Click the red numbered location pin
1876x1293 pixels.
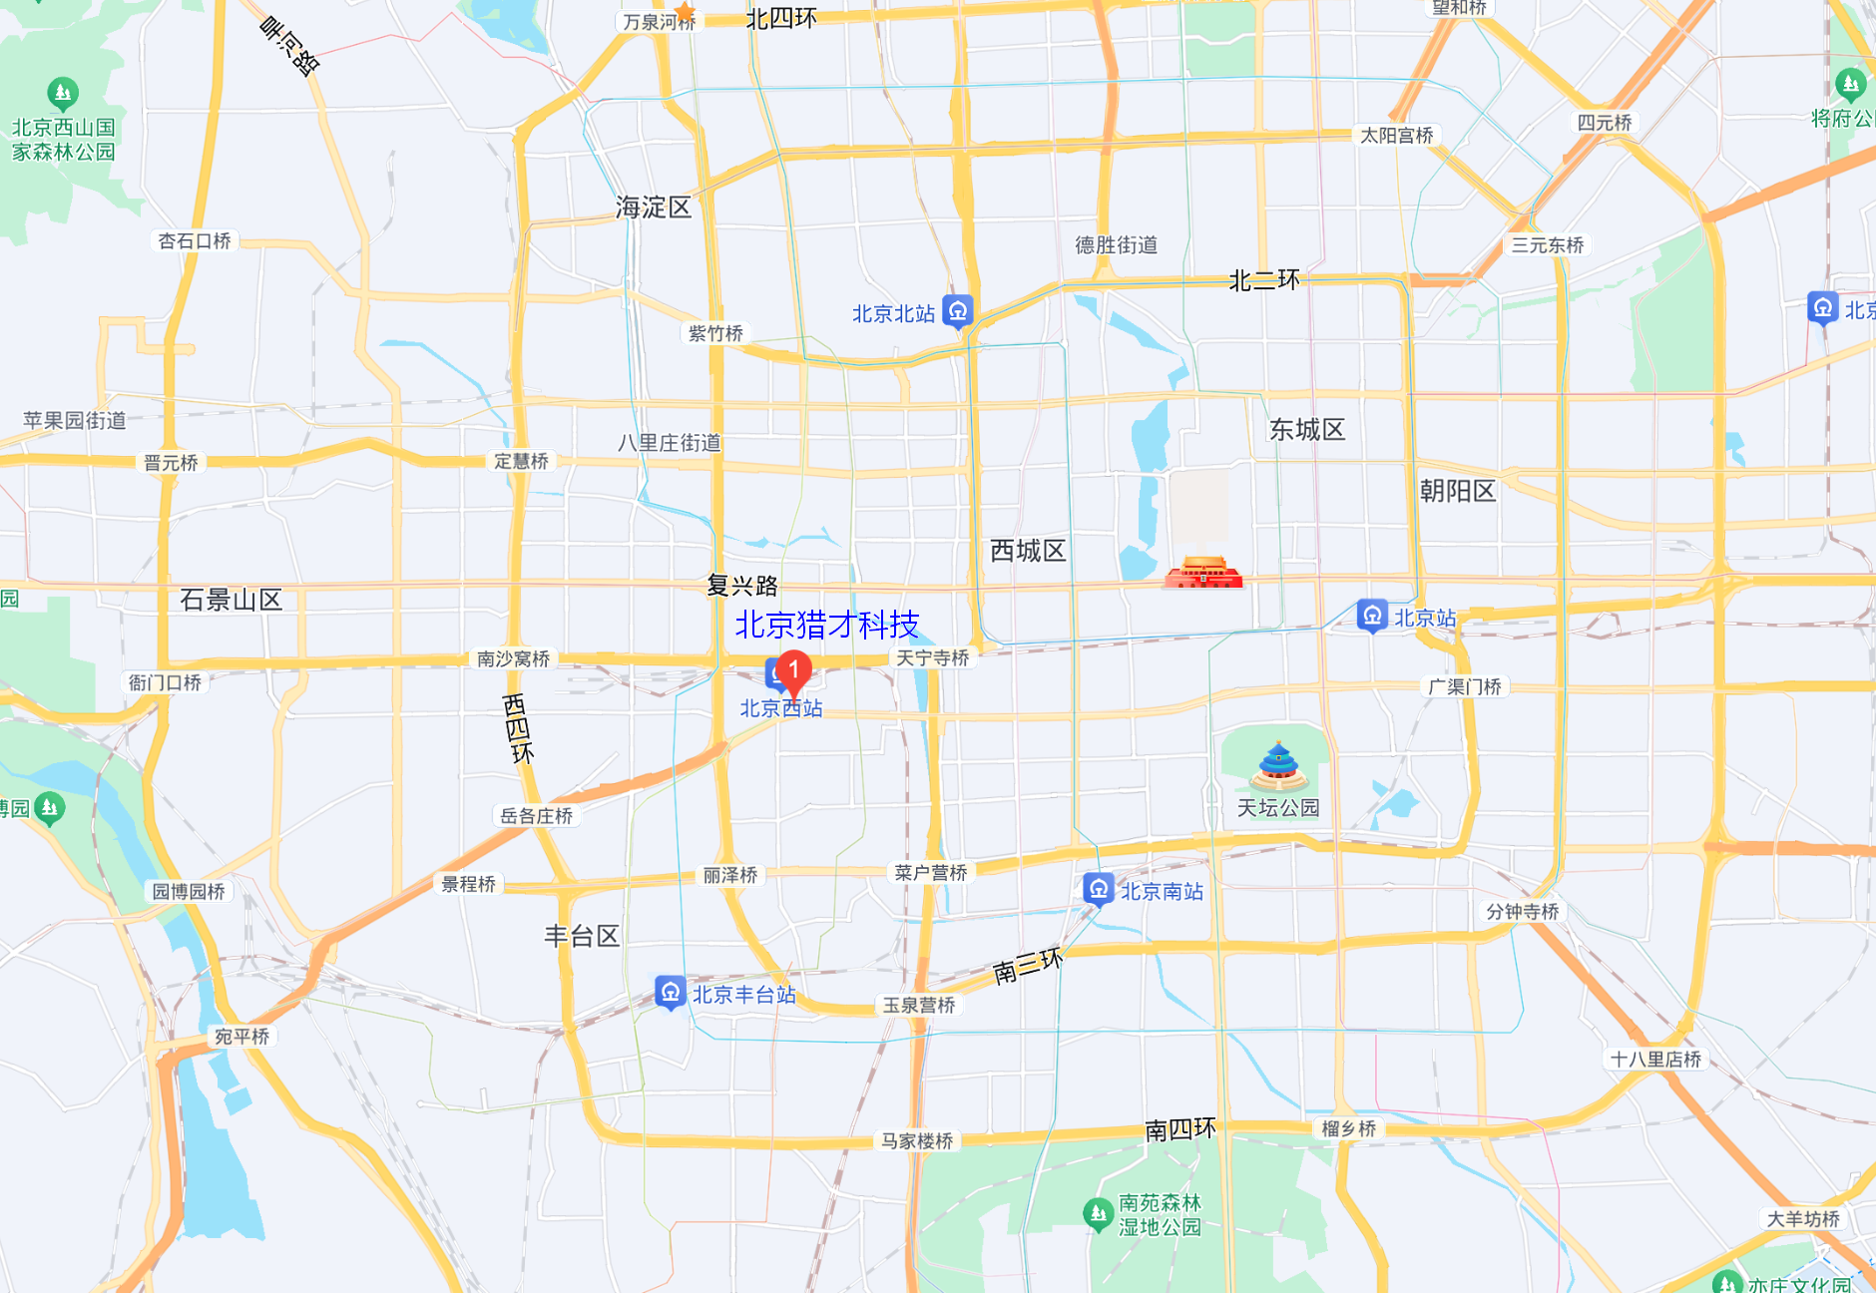pyautogui.click(x=793, y=671)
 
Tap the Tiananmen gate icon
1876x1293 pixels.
pyautogui.click(x=1203, y=572)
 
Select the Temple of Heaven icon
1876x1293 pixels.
pyautogui.click(x=1278, y=766)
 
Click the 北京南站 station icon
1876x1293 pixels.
pyautogui.click(x=1098, y=888)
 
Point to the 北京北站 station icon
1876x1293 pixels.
pyautogui.click(x=958, y=311)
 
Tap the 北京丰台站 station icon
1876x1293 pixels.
pyautogui.click(x=670, y=992)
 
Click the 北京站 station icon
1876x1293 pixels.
pyautogui.click(x=1372, y=616)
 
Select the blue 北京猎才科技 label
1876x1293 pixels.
pyautogui.click(x=826, y=625)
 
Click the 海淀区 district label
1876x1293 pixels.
pyautogui.click(x=654, y=208)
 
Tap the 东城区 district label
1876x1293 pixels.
pyautogui.click(x=1306, y=430)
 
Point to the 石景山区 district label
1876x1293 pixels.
pyautogui.click(x=231, y=600)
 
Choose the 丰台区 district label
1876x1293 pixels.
pyautogui.click(x=582, y=936)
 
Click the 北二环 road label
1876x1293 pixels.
pyautogui.click(x=1264, y=280)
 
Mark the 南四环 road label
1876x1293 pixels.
pyautogui.click(x=1179, y=1129)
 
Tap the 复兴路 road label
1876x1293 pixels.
pyautogui.click(x=741, y=586)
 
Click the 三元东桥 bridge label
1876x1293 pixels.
pyautogui.click(x=1547, y=245)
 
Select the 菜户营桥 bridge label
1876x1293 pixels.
pyautogui.click(x=930, y=873)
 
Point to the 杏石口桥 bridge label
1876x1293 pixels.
pyautogui.click(x=195, y=241)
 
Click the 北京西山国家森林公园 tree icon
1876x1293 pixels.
pyautogui.click(x=63, y=94)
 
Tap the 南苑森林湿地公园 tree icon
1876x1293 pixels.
pyautogui.click(x=1098, y=1213)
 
